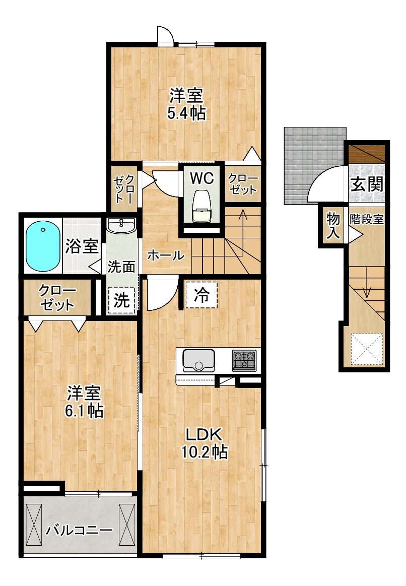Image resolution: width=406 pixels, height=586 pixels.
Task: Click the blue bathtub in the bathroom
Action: click(x=43, y=246)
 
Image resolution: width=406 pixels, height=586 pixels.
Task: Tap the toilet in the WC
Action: click(x=201, y=208)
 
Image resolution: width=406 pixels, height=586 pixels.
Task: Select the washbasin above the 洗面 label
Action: click(x=121, y=226)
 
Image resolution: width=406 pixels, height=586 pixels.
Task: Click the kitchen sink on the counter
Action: click(x=198, y=360)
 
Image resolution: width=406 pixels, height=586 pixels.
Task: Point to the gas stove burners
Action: click(x=244, y=360)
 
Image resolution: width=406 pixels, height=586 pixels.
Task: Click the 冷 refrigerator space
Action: click(x=201, y=295)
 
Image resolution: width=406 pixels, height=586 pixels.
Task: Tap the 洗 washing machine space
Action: click(x=122, y=300)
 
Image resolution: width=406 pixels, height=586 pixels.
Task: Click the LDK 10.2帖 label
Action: click(x=205, y=443)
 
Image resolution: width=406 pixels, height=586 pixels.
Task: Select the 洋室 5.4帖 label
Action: click(x=186, y=103)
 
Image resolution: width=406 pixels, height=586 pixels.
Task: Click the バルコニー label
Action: click(x=79, y=530)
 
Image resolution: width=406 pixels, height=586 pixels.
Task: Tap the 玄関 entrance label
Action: click(x=367, y=184)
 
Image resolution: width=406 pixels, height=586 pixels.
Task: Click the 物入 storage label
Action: click(x=333, y=225)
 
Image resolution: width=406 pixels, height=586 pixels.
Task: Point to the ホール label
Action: click(x=166, y=255)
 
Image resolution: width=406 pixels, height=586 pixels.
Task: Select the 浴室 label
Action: click(x=82, y=246)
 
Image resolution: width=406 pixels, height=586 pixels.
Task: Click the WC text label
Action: click(x=202, y=178)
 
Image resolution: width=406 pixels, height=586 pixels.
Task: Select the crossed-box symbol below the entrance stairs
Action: click(x=367, y=349)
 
